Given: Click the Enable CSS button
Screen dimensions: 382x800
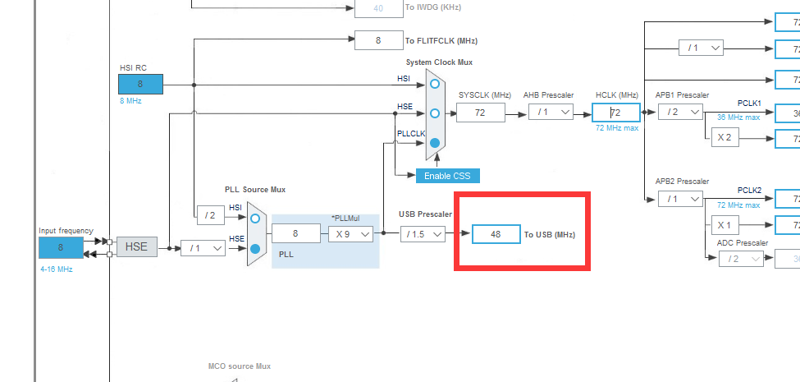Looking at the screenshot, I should tap(447, 176).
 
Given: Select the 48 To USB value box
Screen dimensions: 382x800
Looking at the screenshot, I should tap(496, 234).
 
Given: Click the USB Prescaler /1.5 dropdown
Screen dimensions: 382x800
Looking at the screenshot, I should tap(423, 234).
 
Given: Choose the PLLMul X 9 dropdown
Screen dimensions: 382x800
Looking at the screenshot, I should tap(351, 234).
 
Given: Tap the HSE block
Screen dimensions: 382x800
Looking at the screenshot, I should tap(135, 247).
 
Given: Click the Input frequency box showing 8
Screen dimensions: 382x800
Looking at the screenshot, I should tap(60, 247).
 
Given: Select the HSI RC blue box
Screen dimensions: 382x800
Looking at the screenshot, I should tap(140, 84).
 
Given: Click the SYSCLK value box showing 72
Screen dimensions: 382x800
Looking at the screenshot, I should tap(480, 112).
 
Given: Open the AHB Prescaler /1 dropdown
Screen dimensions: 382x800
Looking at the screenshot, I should tap(550, 112).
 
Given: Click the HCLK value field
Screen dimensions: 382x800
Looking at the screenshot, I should tap(615, 112).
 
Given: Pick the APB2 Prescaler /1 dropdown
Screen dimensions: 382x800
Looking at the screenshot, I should tap(680, 199).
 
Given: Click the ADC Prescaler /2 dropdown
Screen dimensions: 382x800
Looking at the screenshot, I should tap(740, 259).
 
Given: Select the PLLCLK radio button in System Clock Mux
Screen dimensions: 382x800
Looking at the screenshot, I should tap(435, 143).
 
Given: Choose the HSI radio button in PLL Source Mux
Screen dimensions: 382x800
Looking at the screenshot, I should tap(256, 219).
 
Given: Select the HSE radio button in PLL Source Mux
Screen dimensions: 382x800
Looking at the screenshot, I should tap(256, 248).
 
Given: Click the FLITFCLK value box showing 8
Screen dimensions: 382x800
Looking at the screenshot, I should tap(378, 39).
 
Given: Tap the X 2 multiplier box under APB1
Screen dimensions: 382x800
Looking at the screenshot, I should tap(725, 137).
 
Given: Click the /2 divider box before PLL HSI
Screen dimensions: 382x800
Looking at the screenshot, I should tap(211, 216).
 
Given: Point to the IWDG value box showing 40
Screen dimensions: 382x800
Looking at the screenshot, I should tap(378, 8).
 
